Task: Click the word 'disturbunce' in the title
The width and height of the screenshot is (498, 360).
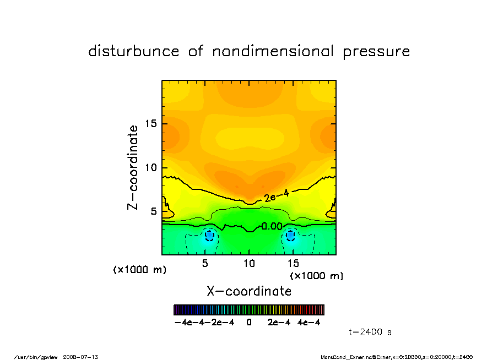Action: pos(134,52)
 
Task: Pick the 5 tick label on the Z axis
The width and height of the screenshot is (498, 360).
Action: pos(154,211)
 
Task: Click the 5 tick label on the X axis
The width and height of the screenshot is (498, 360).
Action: pos(205,264)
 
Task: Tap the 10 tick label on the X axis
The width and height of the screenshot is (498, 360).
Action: pos(249,264)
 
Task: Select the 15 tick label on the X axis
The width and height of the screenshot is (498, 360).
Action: pos(293,264)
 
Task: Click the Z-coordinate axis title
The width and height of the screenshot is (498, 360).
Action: pos(133,167)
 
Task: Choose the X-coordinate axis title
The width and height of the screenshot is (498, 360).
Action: pos(249,291)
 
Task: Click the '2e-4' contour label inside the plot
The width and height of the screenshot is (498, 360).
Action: pos(276,195)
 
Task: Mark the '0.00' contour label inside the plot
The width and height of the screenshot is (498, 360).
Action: pos(272,226)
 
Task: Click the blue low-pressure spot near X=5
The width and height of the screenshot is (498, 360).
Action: pos(209,235)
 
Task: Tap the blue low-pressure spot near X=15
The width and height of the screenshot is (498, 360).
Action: pos(291,235)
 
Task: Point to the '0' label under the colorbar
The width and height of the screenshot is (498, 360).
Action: pos(249,323)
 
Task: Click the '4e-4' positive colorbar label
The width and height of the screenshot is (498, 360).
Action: pos(309,323)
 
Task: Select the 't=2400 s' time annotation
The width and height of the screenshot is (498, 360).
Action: pos(370,332)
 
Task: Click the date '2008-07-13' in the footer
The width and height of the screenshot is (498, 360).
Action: pos(85,357)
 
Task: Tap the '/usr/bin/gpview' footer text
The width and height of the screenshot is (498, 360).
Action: pos(40,357)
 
